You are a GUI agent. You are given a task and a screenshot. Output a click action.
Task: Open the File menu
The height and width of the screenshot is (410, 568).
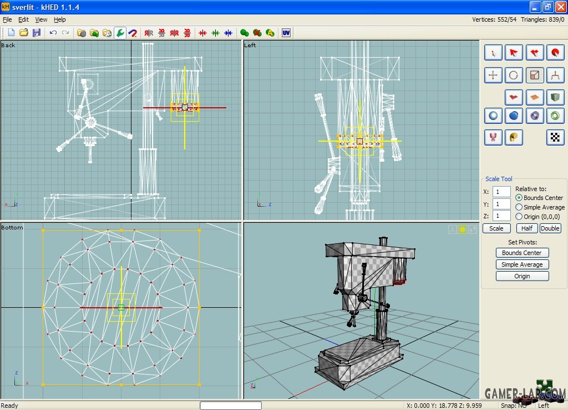click(x=7, y=19)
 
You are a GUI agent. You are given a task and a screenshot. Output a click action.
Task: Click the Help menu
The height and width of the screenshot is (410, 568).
click(x=60, y=19)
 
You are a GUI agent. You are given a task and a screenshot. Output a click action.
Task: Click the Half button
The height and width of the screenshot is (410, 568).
click(x=527, y=228)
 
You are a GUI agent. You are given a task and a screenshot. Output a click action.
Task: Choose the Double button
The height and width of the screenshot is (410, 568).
click(x=550, y=228)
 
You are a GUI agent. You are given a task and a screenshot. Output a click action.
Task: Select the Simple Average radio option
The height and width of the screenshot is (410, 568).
click(x=519, y=207)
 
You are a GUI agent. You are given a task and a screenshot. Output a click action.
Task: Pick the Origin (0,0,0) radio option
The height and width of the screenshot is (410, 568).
click(x=519, y=217)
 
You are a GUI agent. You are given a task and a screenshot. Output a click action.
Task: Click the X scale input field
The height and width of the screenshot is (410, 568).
click(x=501, y=192)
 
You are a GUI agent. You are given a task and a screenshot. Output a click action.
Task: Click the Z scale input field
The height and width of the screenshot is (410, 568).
click(x=501, y=216)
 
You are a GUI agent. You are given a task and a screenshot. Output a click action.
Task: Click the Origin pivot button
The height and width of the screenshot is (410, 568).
click(x=522, y=276)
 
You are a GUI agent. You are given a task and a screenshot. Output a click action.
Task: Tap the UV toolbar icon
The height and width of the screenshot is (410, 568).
click(x=286, y=33)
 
